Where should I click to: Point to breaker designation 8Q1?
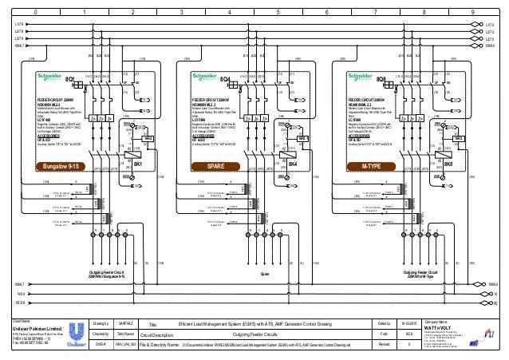point(70,81)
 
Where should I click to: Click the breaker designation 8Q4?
point(226,81)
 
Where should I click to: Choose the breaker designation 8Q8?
point(382,81)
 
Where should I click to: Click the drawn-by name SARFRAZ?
point(128,322)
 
